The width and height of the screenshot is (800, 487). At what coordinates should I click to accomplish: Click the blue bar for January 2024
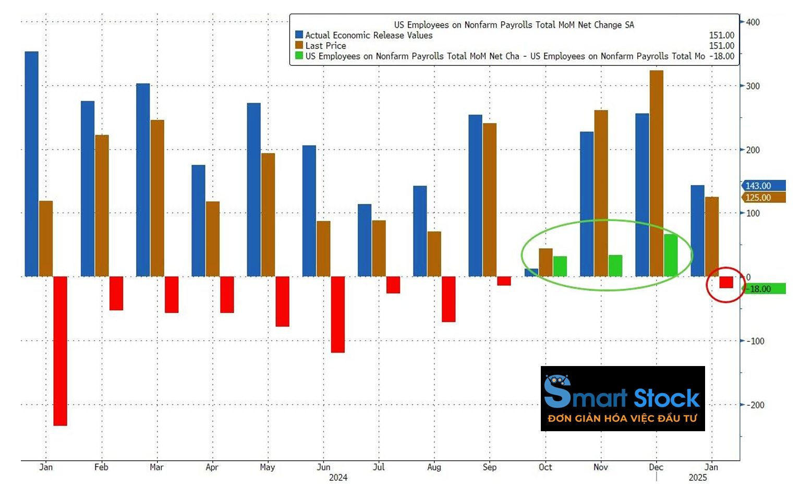[x=31, y=164]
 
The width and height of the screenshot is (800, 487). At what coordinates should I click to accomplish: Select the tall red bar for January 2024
[x=60, y=351]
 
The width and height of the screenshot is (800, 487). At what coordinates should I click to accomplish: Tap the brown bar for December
[x=657, y=173]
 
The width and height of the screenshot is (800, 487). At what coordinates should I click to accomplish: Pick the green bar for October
[x=560, y=266]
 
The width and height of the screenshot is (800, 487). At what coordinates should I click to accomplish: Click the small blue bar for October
[x=531, y=272]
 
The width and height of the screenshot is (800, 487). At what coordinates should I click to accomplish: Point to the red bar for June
[x=337, y=314]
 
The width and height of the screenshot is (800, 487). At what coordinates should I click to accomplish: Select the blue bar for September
[x=475, y=196]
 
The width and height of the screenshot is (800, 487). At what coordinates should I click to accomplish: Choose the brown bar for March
[x=157, y=198]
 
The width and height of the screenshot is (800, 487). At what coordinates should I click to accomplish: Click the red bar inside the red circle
[x=726, y=282]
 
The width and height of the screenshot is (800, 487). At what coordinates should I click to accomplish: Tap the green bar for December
[x=671, y=255]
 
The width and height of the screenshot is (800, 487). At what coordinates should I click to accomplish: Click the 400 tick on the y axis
[x=753, y=22]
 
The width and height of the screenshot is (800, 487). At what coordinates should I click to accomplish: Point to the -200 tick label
[x=755, y=405]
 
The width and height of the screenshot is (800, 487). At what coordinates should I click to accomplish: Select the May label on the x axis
[x=267, y=467]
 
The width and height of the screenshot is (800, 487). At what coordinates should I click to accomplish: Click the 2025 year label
[x=697, y=478]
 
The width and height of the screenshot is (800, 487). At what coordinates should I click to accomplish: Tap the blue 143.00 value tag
[x=763, y=186]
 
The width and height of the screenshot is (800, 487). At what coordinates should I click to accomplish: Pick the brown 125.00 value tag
[x=763, y=198]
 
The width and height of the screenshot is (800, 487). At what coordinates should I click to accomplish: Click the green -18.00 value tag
[x=764, y=289]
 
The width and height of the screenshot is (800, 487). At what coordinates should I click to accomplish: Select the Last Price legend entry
[x=325, y=46]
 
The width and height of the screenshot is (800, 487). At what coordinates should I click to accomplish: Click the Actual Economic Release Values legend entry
[x=368, y=35]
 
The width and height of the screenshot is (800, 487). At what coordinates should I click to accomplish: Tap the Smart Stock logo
[x=622, y=398]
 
